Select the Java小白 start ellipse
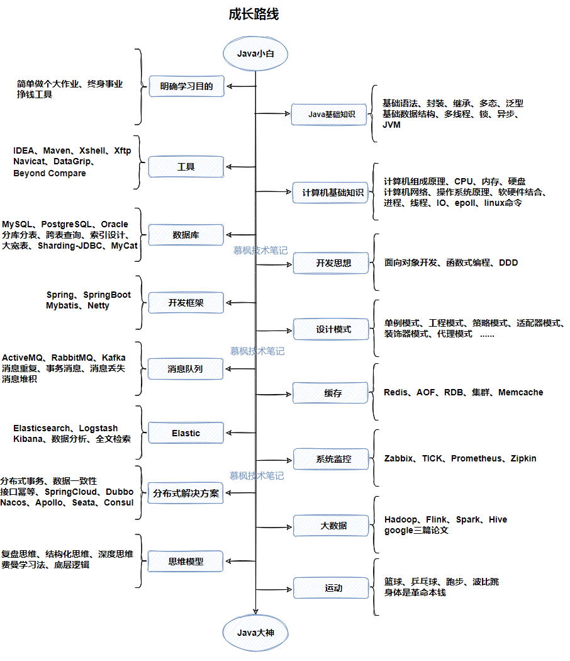[x=255, y=54]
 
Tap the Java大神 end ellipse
[x=255, y=631]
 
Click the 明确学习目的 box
[x=186, y=86]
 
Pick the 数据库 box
[x=186, y=235]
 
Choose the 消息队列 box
[x=186, y=369]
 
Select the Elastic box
[x=186, y=433]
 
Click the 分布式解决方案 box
[x=186, y=494]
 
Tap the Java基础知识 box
[x=331, y=115]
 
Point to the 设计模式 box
[x=331, y=329]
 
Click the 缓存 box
[x=331, y=393]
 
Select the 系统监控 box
[x=331, y=459]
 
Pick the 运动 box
[x=331, y=588]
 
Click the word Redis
[x=396, y=392]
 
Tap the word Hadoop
[x=401, y=519]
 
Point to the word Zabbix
[x=399, y=458]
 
